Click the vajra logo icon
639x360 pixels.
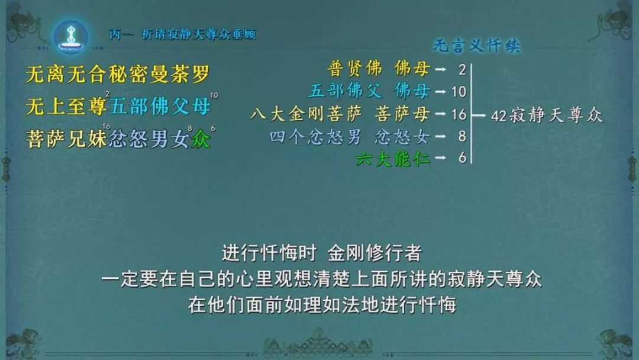72,36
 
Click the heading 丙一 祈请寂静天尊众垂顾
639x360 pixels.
183,34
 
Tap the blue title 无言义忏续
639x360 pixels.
476,46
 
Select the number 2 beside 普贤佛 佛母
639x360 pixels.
461,70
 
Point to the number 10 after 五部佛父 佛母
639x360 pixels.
459,92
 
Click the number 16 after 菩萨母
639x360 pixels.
459,114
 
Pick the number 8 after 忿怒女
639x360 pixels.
461,136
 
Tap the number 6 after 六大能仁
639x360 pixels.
462,157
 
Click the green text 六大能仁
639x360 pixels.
393,158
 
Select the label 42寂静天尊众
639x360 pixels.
547,116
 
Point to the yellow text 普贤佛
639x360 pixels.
355,69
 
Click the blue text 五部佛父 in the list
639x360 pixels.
345,91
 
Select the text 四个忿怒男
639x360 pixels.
315,137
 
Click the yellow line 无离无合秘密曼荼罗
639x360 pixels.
118,74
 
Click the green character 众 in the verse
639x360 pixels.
201,139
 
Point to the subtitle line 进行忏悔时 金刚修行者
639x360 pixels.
322,253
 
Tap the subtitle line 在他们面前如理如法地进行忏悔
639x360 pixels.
322,304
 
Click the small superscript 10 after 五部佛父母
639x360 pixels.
214,95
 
